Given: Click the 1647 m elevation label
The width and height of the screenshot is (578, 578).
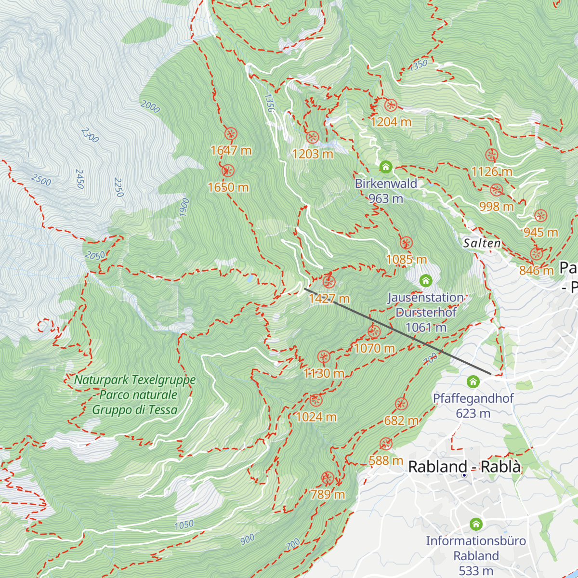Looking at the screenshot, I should [x=231, y=150].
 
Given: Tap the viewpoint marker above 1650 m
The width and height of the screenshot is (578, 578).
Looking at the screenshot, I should [x=228, y=171].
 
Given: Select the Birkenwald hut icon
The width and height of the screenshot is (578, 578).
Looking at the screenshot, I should [x=385, y=167].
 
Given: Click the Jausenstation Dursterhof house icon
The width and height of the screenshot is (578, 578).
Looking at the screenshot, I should [x=425, y=280].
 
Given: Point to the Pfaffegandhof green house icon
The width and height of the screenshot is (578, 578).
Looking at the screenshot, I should [x=473, y=382].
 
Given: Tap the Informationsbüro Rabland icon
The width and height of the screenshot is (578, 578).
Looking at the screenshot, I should [x=476, y=524].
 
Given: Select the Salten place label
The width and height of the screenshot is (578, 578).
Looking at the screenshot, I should [x=482, y=243].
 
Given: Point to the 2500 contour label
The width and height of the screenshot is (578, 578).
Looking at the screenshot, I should [x=41, y=180].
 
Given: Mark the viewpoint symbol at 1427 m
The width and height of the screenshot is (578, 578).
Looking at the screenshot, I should [x=329, y=282].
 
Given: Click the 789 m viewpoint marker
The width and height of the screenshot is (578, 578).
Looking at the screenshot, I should [x=328, y=478].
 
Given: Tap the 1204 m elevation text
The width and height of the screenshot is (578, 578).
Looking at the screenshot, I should [x=391, y=122].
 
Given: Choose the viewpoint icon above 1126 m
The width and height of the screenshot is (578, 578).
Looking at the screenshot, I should [x=491, y=155].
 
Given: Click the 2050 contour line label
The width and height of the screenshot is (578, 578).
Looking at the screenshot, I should [x=94, y=256].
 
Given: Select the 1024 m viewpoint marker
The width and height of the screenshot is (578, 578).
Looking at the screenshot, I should [x=315, y=400].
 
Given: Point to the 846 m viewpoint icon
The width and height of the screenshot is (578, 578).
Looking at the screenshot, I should [x=536, y=254].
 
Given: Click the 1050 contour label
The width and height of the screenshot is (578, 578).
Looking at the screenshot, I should [x=184, y=525].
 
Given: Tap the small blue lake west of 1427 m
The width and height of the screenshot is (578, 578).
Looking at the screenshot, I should [x=250, y=278].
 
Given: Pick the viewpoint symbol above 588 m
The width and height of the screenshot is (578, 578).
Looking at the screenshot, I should [x=386, y=444].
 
